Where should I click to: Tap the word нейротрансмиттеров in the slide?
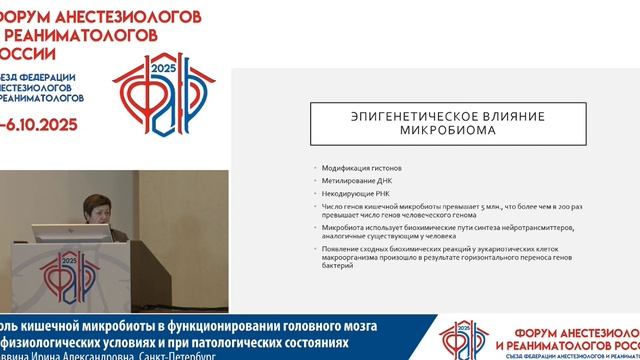click(548, 226)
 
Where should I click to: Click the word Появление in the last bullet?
click(338, 247)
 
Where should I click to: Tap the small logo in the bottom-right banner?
click(463, 338)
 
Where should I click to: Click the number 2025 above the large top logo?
click(161, 68)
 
